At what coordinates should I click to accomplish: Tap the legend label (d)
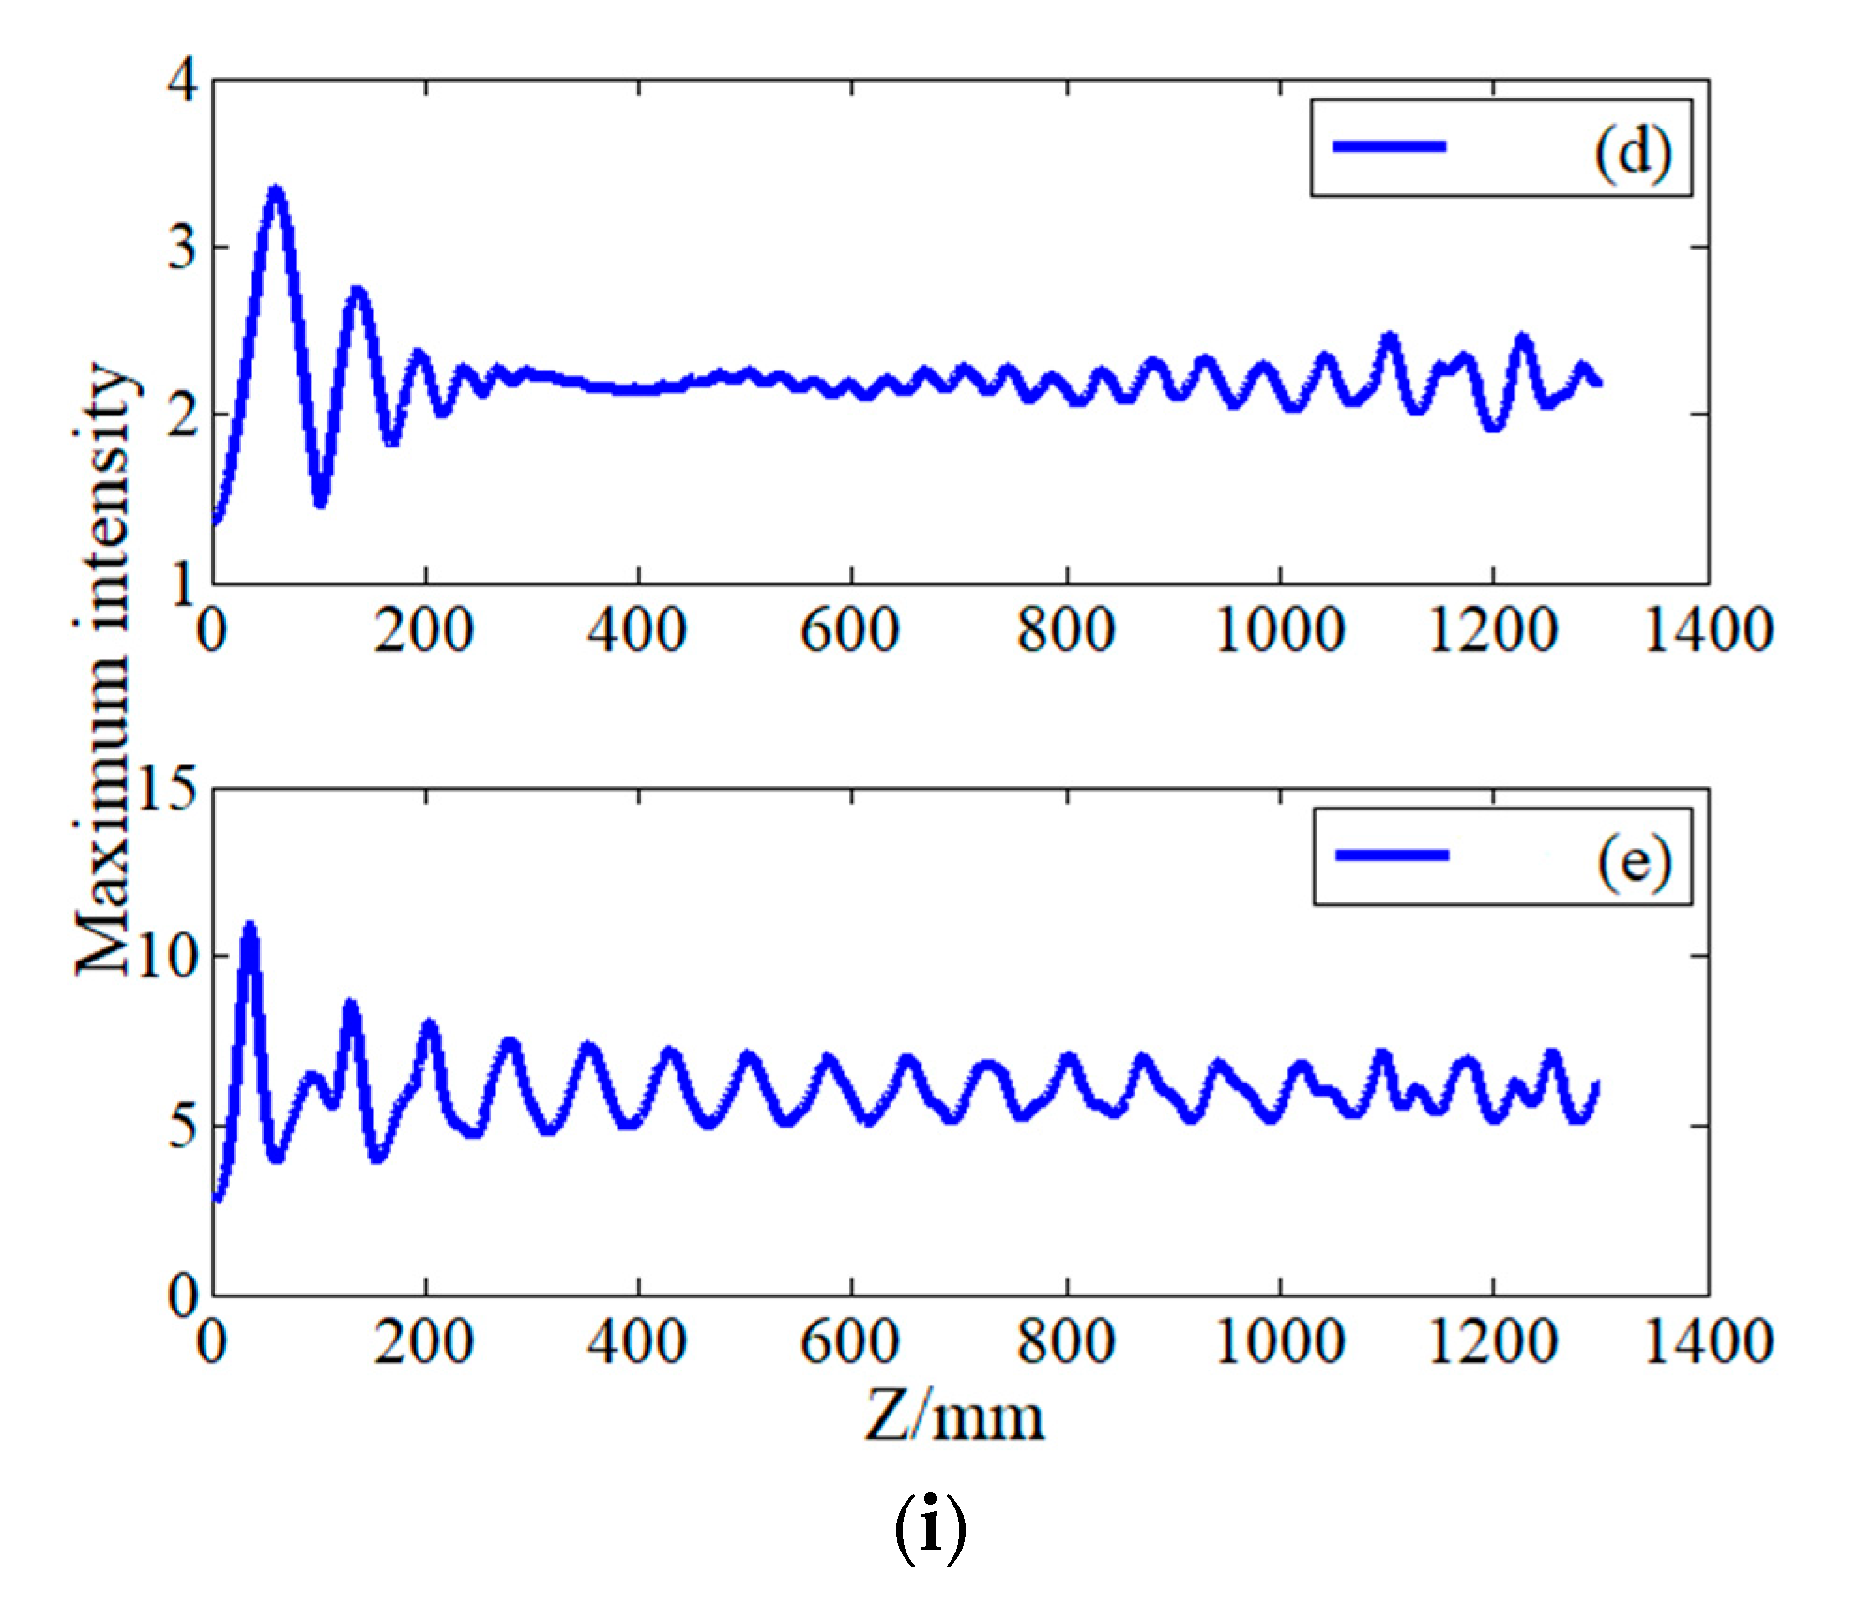pyautogui.click(x=1632, y=150)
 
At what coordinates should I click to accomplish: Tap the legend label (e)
pyautogui.click(x=1634, y=859)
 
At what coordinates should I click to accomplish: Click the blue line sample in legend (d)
pyautogui.click(x=1389, y=145)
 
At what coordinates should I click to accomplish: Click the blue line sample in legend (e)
pyautogui.click(x=1392, y=855)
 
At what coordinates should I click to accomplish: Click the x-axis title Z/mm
pyautogui.click(x=953, y=1417)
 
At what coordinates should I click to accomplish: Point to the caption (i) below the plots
pyautogui.click(x=929, y=1528)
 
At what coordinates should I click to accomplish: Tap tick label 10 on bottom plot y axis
pyautogui.click(x=167, y=957)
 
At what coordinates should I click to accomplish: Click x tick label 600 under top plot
pyautogui.click(x=850, y=629)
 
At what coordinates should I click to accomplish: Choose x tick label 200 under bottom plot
pyautogui.click(x=424, y=1340)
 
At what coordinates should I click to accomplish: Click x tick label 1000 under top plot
pyautogui.click(x=1280, y=629)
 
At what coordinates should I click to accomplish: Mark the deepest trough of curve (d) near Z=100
pyautogui.click(x=321, y=501)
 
